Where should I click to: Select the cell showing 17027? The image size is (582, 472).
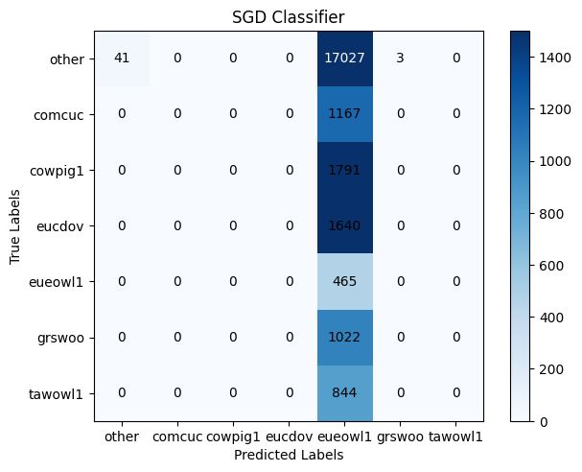click(342, 59)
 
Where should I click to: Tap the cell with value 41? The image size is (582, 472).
click(122, 59)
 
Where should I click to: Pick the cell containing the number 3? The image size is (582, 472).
click(397, 59)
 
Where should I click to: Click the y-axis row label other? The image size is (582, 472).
click(71, 59)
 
